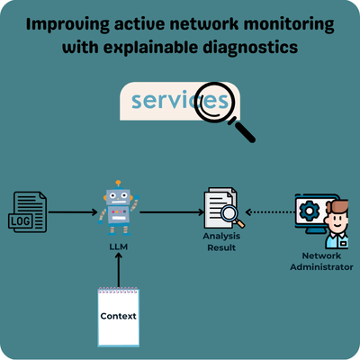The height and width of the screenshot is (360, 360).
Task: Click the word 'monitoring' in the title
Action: coord(289,25)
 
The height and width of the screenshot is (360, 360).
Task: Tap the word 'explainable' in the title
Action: coord(151,48)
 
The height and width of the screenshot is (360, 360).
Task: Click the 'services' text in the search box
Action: coord(180,100)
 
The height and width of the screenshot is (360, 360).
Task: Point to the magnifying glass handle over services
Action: coord(242,130)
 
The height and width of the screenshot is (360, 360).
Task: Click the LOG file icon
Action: coord(27,212)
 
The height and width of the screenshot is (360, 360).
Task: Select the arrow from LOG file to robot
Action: coord(73,212)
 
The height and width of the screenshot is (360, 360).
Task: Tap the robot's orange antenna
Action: coord(118,182)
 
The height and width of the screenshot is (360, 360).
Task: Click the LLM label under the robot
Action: coord(119,247)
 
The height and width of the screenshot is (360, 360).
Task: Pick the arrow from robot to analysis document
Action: coord(172,212)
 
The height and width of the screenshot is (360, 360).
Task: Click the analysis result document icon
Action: coord(224,208)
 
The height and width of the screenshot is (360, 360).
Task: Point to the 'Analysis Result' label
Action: coord(221,242)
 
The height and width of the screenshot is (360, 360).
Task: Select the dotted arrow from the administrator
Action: coord(270,212)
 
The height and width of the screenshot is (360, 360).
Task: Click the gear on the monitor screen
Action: coord(310,210)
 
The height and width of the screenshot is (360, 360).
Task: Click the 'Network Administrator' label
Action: coord(321,261)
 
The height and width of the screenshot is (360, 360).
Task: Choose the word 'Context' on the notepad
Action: coord(118,316)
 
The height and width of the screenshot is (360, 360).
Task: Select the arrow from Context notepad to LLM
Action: coord(119,270)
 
